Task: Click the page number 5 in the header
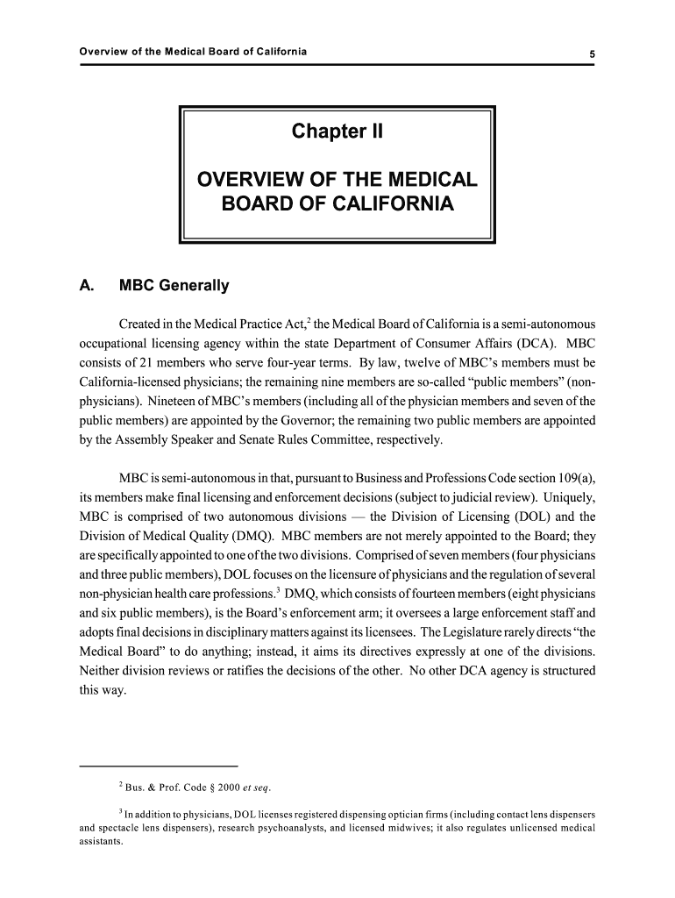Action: pos(593,53)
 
